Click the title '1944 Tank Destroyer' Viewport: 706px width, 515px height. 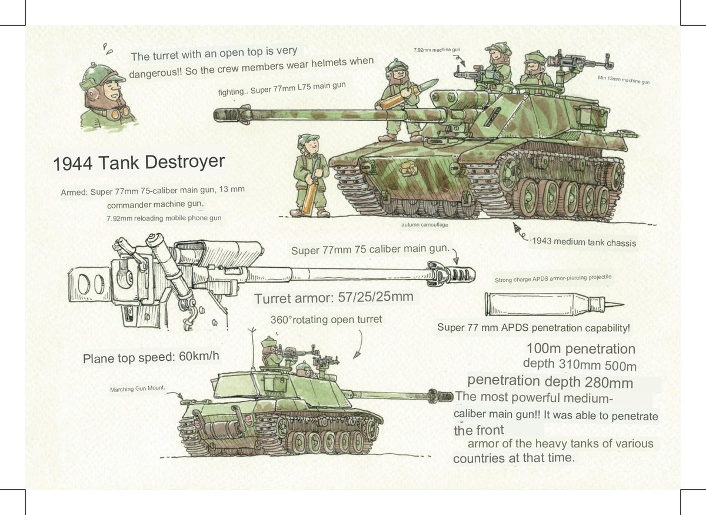[139, 162]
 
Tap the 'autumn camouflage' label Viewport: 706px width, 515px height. [425, 225]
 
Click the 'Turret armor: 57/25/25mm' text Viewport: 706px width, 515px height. [334, 298]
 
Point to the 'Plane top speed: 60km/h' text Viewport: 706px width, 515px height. [151, 357]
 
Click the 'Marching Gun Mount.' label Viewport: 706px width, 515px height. [138, 388]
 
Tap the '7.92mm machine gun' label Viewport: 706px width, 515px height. [437, 50]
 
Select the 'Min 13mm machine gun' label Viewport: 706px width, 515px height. [624, 80]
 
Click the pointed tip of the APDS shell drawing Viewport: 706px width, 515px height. [623, 305]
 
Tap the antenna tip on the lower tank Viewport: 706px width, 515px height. [252, 328]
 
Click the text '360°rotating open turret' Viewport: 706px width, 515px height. [326, 320]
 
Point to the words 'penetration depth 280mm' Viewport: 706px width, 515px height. [550, 381]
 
